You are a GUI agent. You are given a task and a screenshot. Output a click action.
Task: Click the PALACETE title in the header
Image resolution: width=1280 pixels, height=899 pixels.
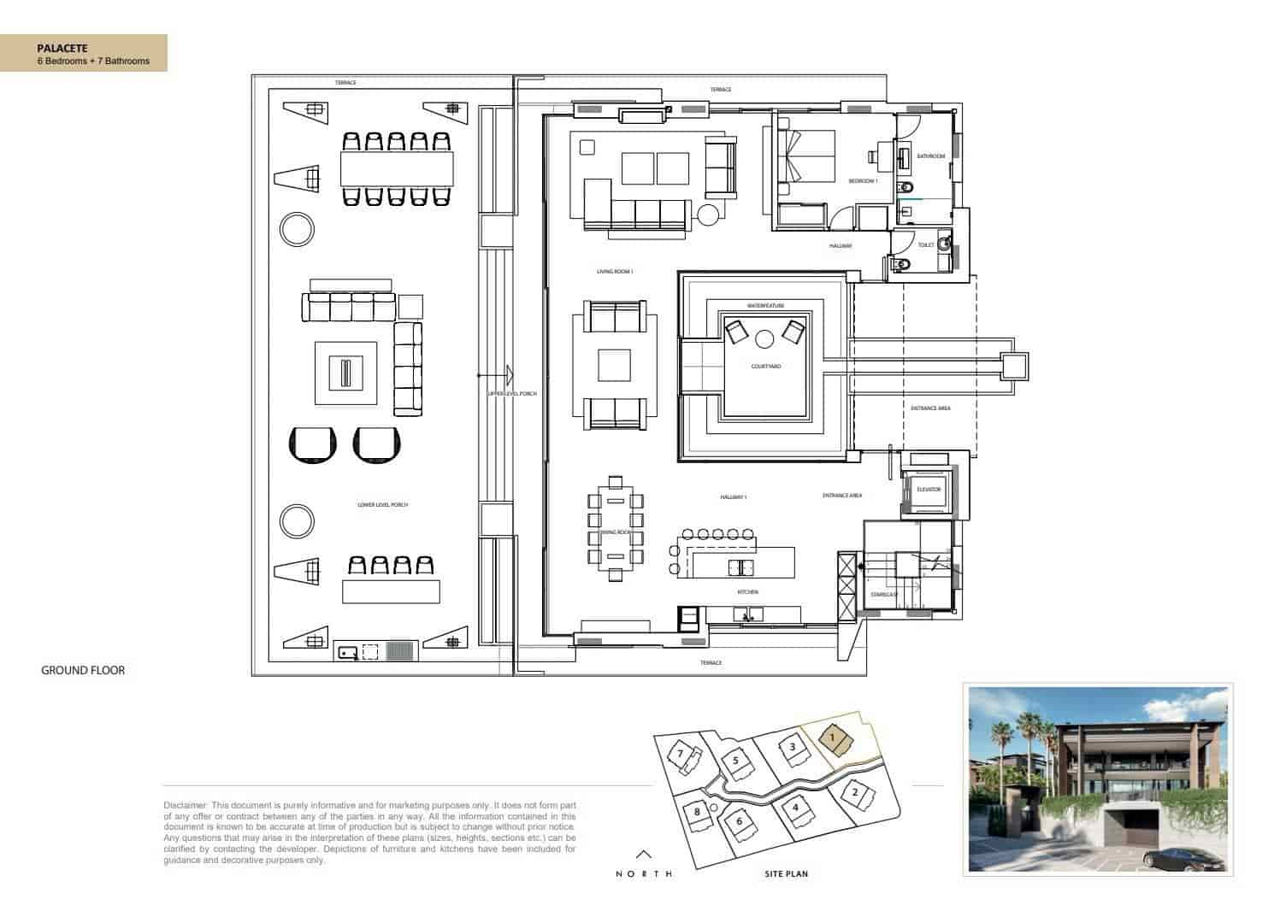point(62,48)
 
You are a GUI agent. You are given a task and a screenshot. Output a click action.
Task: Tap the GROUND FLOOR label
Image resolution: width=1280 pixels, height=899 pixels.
point(83,670)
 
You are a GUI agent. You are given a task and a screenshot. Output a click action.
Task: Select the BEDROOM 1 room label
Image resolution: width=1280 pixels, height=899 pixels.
point(863,181)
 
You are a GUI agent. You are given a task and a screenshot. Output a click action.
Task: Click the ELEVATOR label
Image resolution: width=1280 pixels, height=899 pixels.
point(929,490)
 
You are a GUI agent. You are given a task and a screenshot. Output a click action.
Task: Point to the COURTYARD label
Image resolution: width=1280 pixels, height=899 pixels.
point(765,367)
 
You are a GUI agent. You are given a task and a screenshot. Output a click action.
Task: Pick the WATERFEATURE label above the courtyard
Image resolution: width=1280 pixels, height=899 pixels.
point(765,305)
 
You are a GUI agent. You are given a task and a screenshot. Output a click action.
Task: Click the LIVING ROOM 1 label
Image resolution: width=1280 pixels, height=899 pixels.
point(614,272)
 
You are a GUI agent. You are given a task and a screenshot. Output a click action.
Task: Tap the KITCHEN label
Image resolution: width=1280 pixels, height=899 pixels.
point(747,591)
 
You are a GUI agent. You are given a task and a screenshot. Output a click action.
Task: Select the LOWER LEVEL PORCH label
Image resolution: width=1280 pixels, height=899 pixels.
point(382,505)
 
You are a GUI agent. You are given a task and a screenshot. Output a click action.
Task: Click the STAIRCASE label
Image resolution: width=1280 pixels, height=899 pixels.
point(883,594)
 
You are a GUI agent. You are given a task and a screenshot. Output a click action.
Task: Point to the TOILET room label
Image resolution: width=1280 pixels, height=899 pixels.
point(925,244)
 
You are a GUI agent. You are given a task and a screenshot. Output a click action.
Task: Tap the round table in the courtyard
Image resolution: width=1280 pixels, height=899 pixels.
point(764,339)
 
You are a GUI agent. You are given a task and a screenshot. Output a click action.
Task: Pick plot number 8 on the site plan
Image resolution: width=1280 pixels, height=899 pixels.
point(698,811)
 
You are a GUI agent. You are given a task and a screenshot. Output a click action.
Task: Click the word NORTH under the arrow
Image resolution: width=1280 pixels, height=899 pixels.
point(644,873)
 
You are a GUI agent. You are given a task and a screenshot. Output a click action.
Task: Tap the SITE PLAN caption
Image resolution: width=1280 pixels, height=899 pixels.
point(786,873)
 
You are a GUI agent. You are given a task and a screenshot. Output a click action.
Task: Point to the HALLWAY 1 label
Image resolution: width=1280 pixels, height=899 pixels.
point(734,497)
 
